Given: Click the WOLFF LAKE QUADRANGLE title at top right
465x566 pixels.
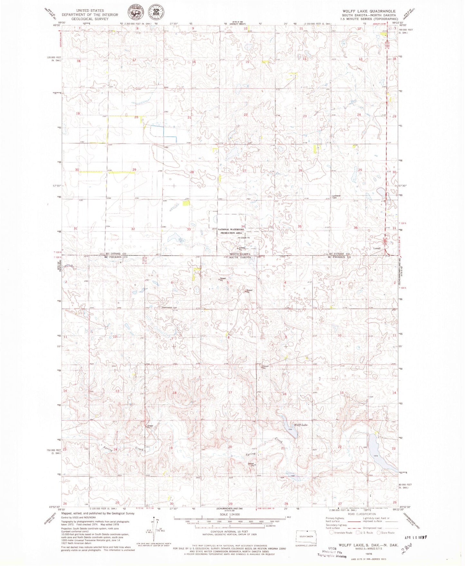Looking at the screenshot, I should point(369,11).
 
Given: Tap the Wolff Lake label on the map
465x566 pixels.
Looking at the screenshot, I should point(301,425).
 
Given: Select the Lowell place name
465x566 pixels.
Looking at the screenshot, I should point(377,248).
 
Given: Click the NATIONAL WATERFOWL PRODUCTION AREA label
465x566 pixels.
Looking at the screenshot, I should point(230,231).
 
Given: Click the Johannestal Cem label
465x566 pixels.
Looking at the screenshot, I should point(169,307).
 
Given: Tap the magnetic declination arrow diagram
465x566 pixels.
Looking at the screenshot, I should point(155,527).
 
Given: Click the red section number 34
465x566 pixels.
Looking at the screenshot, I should point(243,227).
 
